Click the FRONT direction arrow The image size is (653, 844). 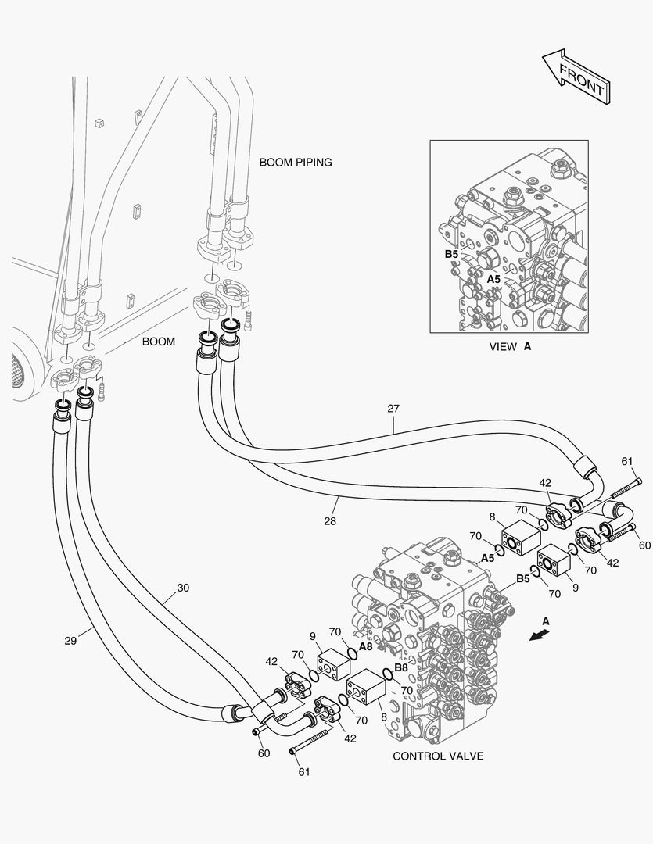tap(576, 75)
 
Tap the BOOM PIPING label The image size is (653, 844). tap(296, 163)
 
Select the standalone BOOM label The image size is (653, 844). tap(159, 342)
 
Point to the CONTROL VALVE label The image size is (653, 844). tap(438, 756)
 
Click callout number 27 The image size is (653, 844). tap(393, 408)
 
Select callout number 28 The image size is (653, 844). tap(330, 521)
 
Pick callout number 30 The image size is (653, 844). tap(182, 587)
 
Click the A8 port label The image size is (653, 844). tap(365, 647)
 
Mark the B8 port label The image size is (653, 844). tap(400, 668)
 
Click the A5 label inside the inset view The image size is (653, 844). tap(493, 278)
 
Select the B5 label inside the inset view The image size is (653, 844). tap(451, 254)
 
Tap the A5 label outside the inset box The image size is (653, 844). tap(487, 558)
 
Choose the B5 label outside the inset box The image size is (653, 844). tap(522, 579)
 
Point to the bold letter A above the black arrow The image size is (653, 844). tap(546, 620)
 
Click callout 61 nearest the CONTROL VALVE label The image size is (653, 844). tap(304, 772)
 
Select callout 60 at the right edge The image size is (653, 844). tap(644, 545)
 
